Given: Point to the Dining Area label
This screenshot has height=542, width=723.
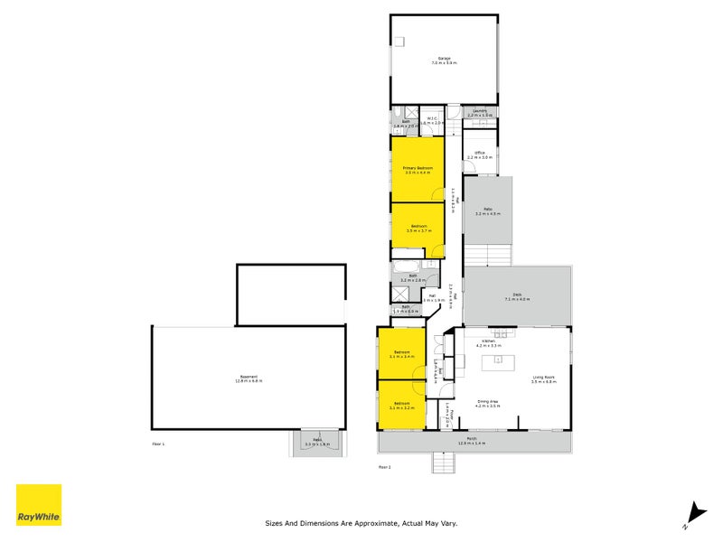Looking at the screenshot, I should click(x=488, y=404).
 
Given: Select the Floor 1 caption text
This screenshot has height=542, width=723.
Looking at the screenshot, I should click(x=159, y=444).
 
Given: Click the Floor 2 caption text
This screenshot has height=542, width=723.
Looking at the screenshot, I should click(x=384, y=466).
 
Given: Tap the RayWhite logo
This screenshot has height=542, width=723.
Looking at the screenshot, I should click(x=39, y=505).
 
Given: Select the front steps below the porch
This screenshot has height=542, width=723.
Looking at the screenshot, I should click(x=444, y=463).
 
